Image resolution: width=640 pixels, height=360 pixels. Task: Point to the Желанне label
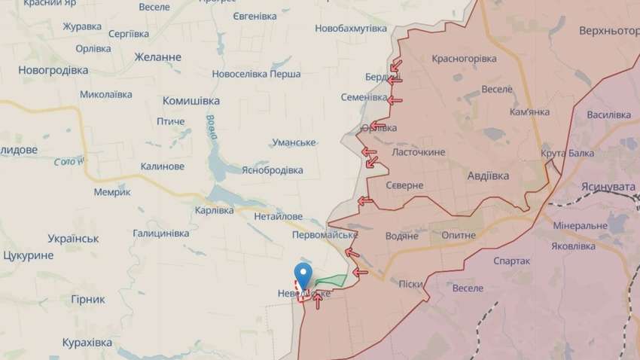pos(157,57)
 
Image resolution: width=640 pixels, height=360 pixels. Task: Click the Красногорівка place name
pos(464,59)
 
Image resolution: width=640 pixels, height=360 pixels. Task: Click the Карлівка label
pos(214,210)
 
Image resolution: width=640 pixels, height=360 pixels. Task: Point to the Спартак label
pos(511,261)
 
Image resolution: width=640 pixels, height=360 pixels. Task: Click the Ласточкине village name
pos(419,151)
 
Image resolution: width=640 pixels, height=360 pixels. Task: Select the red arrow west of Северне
pos(365,200)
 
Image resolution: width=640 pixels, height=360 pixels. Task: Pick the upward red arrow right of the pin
pos(317,301)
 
